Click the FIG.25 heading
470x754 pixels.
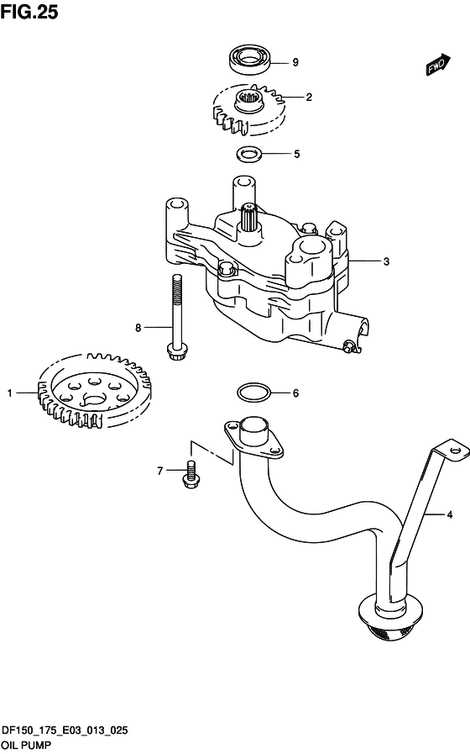29,12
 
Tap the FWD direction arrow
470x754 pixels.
438,65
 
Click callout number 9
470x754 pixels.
295,62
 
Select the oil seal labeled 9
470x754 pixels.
250,59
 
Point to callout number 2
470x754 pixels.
309,98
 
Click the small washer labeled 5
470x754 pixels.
249,154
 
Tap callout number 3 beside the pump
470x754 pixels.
386,261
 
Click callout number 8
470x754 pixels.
138,328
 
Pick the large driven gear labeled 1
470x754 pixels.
94,391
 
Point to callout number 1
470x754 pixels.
9,393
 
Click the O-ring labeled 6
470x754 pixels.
253,393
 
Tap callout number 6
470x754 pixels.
295,393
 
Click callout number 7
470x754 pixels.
160,471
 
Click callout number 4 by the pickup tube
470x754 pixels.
449,515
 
